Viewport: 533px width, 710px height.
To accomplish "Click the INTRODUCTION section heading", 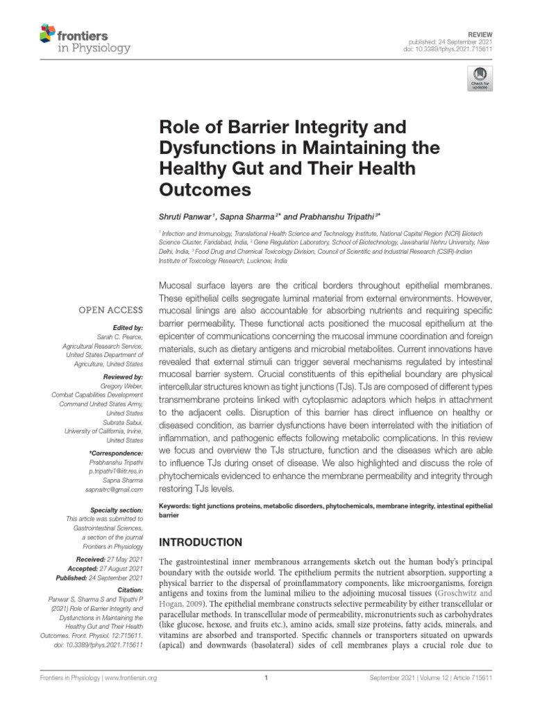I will coord(201,542).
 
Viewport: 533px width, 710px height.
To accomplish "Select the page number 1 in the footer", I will coord(266,679).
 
